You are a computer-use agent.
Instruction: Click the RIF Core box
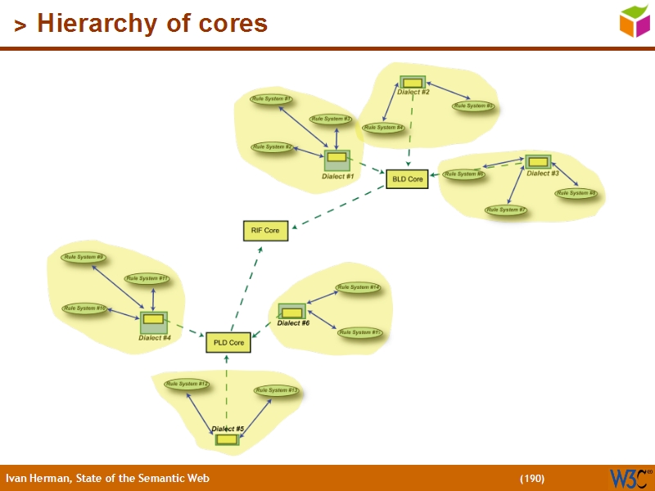265,231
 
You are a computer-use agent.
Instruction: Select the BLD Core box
407,178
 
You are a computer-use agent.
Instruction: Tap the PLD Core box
228,342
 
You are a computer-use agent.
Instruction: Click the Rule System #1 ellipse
272,99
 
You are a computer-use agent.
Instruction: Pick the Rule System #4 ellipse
383,128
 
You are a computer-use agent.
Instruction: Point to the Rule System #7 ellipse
506,210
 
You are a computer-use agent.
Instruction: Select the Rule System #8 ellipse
576,194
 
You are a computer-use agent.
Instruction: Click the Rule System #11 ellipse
147,278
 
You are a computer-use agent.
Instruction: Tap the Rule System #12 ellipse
187,384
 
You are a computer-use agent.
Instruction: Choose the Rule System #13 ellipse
276,390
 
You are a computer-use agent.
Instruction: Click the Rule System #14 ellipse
358,287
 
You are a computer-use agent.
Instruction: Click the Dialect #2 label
413,92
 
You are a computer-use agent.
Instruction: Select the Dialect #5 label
228,429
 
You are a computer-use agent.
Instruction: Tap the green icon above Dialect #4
153,322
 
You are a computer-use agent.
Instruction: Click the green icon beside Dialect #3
538,161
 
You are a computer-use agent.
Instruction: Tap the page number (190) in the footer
531,479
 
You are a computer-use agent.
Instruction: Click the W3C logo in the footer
630,478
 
